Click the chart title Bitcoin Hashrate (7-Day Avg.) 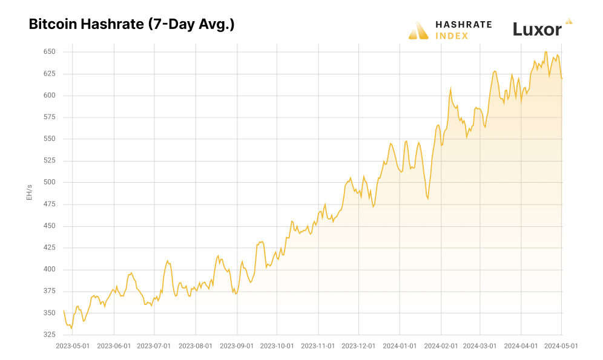coord(131,25)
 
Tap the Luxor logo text coord(537,29)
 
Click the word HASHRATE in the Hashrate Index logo coord(464,25)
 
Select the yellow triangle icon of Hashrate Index coord(418,31)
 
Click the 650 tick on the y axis coord(49,52)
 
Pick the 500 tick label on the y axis coord(49,182)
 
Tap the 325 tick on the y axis coord(49,335)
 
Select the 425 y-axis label coord(49,247)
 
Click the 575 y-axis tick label coord(49,117)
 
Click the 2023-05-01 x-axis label coord(73,346)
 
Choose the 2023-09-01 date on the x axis coord(237,346)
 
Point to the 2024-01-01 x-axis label coord(400,346)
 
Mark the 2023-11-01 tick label coord(318,346)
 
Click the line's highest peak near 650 coord(545,52)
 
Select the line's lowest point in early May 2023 coord(71,328)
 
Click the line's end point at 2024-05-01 coord(562,78)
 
